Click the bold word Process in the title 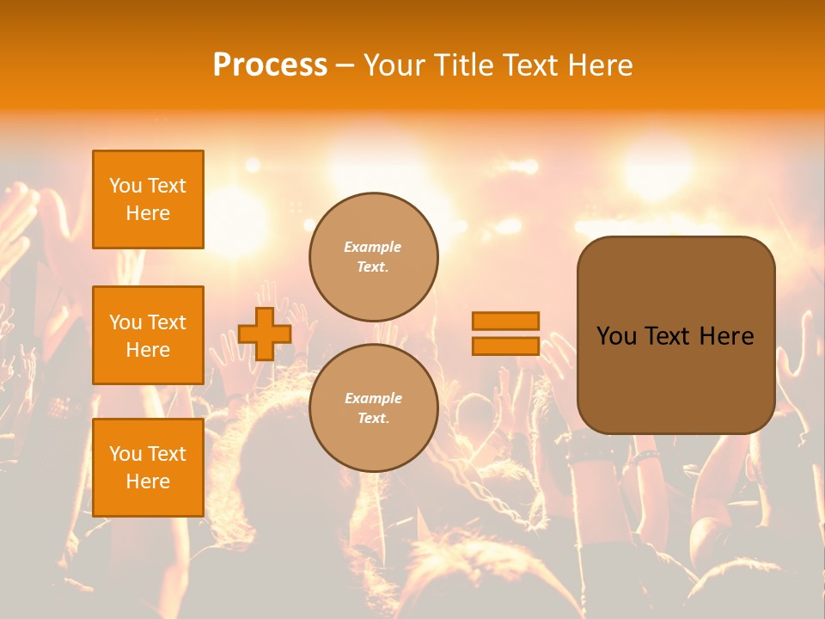[270, 65]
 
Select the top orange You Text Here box [148, 199]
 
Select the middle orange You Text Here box [148, 335]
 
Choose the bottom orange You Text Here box [148, 468]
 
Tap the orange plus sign [265, 334]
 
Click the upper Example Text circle [374, 257]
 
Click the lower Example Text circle [374, 408]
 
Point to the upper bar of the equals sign [505, 321]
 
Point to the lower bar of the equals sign [505, 346]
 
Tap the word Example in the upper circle [373, 248]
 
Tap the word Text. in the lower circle [373, 419]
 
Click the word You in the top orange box [125, 186]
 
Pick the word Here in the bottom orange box [148, 481]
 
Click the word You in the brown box [616, 336]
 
